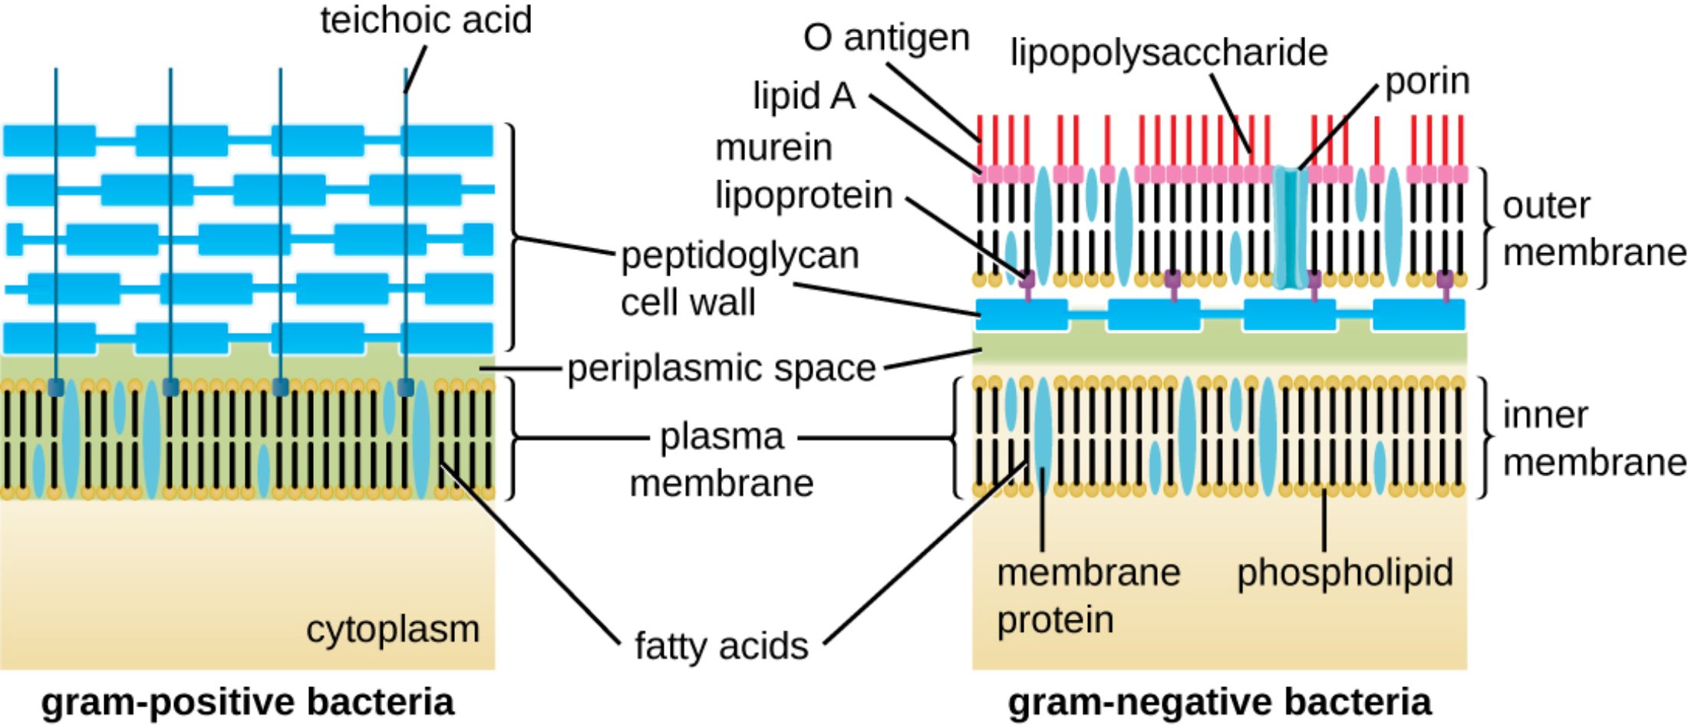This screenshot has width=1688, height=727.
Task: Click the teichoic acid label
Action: pos(426,20)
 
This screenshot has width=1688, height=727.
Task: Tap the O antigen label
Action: pos(886,38)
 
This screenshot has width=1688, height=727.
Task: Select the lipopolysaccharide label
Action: pos(1169,52)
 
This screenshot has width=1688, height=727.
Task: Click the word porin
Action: pos(1427,81)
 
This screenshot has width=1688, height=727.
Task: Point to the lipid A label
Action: pos(803,96)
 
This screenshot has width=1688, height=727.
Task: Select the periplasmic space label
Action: pos(721,368)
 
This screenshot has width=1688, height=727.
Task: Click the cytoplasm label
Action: pos(393,630)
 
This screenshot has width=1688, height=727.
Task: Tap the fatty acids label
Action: pos(721,646)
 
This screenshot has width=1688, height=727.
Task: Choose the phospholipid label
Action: pos(1345,572)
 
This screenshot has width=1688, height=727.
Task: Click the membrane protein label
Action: pos(1087,596)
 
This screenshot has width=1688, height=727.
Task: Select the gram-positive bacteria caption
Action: pos(247,702)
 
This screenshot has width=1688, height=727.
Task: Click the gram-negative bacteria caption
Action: pos(1219,702)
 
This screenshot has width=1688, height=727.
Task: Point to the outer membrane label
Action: pos(1593,229)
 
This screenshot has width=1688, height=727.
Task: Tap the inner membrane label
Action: pos(1593,439)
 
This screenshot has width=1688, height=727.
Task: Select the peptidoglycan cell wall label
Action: pos(739,278)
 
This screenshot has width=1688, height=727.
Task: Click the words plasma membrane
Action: pos(721,460)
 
